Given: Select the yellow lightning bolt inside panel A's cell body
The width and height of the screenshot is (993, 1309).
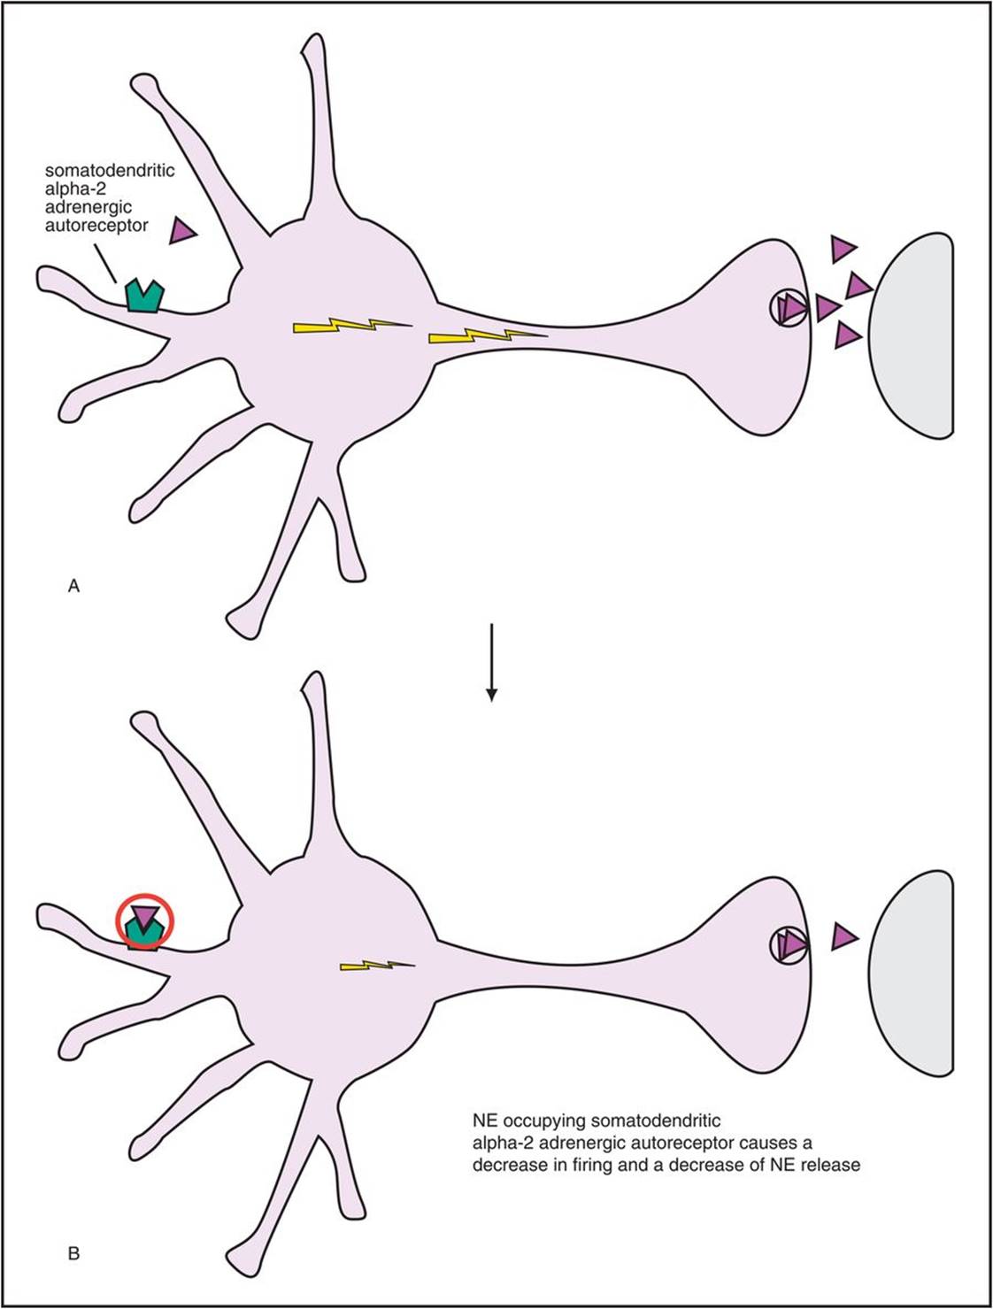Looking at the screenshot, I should click(351, 327).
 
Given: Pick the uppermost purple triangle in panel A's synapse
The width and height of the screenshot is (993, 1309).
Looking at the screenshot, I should click(843, 249).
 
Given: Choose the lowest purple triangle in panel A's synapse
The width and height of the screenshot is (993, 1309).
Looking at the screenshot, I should click(847, 335).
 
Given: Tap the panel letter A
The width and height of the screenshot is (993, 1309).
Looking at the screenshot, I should click(73, 586).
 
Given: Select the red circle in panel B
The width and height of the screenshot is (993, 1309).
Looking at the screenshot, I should click(145, 920).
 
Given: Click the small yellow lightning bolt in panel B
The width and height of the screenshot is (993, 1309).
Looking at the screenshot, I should click(376, 965).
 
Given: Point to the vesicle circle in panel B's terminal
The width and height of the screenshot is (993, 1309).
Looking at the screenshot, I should click(788, 944).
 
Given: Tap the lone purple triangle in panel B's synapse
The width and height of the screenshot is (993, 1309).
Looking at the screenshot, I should click(844, 936).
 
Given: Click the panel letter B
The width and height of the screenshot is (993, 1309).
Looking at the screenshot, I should click(73, 1253).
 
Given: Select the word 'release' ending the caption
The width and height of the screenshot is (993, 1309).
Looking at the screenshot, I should click(829, 1165).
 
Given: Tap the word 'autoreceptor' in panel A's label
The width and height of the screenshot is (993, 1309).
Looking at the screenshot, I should click(96, 226).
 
